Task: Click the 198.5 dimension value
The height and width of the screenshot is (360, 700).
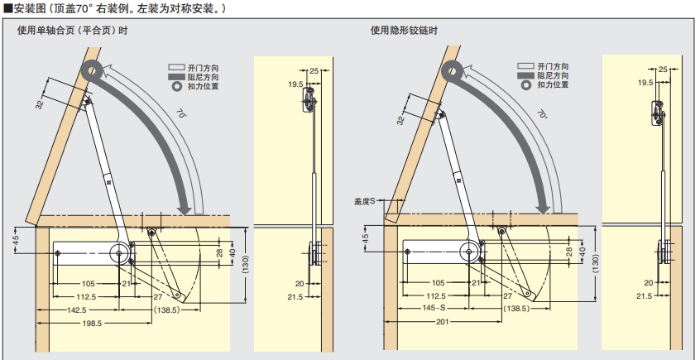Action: tap(91, 324)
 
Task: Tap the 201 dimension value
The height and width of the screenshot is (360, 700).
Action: tap(443, 324)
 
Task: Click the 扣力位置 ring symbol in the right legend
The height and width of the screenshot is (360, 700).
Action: tap(524, 85)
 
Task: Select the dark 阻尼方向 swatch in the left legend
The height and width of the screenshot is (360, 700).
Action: tap(175, 76)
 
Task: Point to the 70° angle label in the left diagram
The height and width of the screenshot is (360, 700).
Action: tap(182, 113)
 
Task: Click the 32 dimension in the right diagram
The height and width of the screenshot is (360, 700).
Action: tap(401, 121)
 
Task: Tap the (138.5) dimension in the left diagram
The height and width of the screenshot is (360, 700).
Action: tap(170, 310)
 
